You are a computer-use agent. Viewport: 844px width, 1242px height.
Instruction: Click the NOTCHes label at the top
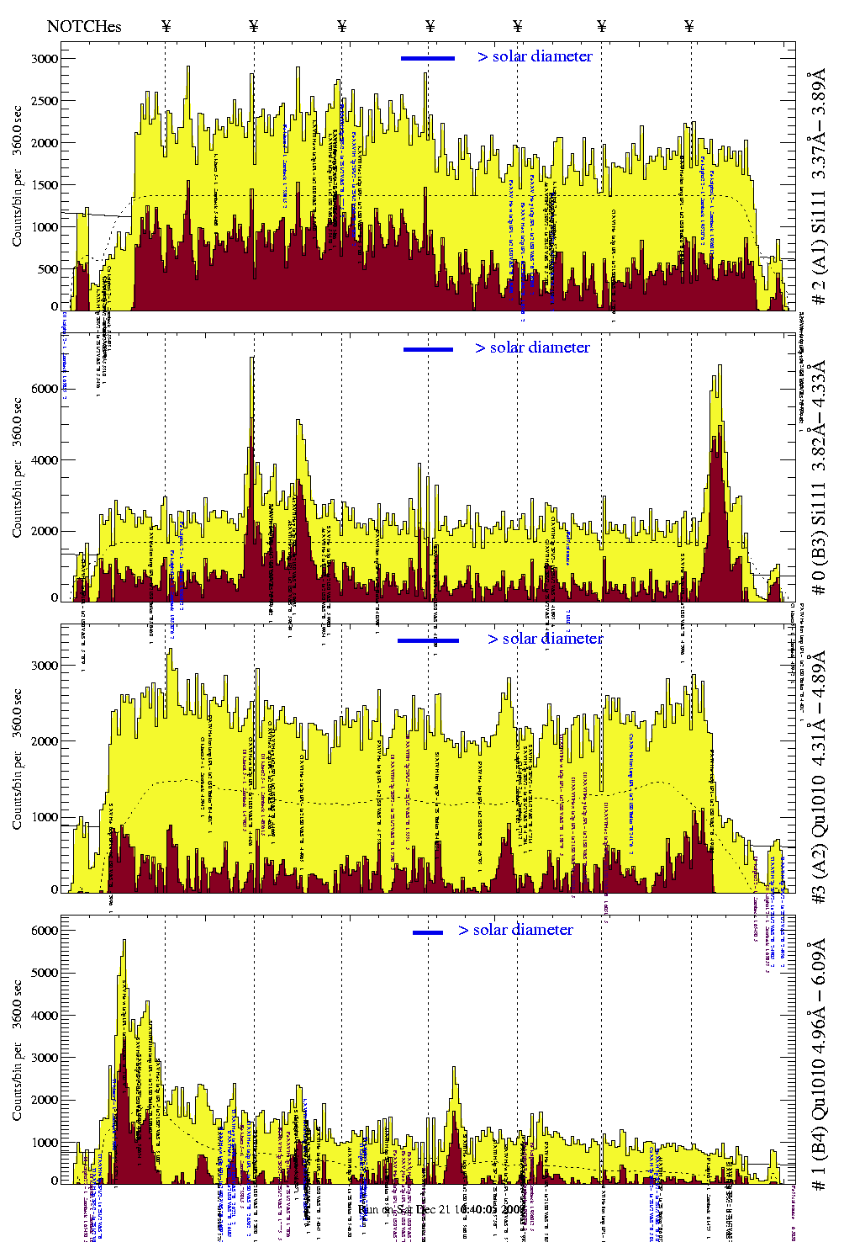tap(84, 26)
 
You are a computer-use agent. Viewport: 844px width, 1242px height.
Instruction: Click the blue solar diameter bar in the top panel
tap(428, 58)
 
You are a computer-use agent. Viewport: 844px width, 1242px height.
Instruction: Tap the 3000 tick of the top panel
tap(45, 59)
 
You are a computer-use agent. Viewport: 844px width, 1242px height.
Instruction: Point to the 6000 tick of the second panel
tap(45, 389)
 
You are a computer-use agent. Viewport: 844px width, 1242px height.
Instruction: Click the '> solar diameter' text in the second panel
tap(532, 348)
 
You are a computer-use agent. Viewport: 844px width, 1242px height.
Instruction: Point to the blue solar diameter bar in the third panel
tap(428, 640)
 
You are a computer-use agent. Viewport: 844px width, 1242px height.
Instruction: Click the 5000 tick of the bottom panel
tap(45, 973)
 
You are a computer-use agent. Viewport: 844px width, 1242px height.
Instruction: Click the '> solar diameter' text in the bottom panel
tap(515, 930)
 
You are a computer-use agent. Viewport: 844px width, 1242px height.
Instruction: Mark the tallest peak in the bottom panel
tap(124, 942)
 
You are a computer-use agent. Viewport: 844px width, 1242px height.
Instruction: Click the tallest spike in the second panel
tap(252, 358)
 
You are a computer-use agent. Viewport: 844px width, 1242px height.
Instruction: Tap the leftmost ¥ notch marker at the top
tap(166, 26)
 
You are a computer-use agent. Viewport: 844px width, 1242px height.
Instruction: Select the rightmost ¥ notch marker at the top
tap(689, 26)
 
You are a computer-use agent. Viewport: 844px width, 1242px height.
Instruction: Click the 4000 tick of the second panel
tap(45, 460)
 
